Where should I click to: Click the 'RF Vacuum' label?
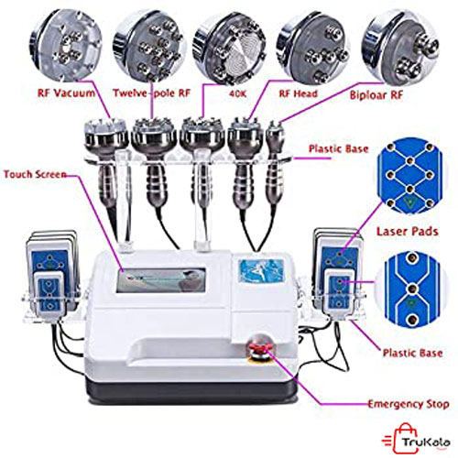(66, 93)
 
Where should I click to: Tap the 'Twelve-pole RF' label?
(152, 93)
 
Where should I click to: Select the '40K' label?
(237, 93)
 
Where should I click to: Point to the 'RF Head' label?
(299, 93)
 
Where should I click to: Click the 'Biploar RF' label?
(376, 95)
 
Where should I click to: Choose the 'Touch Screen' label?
(35, 174)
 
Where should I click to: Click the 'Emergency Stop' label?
(409, 404)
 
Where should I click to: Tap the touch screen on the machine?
(161, 280)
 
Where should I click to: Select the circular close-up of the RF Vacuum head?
(66, 45)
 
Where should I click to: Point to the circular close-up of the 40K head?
(229, 49)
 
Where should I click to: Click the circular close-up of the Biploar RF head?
(400, 49)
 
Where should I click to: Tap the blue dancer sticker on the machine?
(261, 270)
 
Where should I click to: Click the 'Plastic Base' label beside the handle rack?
(338, 148)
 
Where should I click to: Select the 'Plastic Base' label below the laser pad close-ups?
(412, 353)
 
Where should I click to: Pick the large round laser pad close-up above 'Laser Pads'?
(409, 175)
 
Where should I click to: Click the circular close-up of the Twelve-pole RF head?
(149, 46)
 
